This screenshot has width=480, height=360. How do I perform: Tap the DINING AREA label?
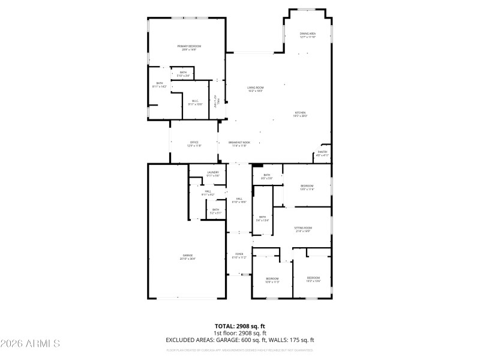pyautogui.click(x=308, y=35)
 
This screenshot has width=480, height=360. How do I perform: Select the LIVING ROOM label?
pyautogui.click(x=256, y=89)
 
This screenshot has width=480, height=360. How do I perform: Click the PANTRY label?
pyautogui.click(x=322, y=154)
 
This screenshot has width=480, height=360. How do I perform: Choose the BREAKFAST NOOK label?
pyautogui.click(x=239, y=144)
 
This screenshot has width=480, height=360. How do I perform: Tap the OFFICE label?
pyautogui.click(x=194, y=144)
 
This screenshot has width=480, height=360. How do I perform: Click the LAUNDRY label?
pyautogui.click(x=213, y=174)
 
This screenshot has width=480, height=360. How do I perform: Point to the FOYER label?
pyautogui.click(x=239, y=256)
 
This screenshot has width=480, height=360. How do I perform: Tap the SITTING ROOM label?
pyautogui.click(x=303, y=229)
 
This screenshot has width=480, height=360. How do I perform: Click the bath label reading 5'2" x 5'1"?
pyautogui.click(x=215, y=211)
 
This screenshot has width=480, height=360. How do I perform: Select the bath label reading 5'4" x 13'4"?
pyautogui.click(x=262, y=219)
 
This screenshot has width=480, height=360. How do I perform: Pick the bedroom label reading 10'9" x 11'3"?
pyautogui.click(x=272, y=280)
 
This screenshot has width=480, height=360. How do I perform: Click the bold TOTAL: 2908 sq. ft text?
pyautogui.click(x=240, y=326)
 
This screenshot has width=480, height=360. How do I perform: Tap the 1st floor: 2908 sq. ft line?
pyautogui.click(x=240, y=333)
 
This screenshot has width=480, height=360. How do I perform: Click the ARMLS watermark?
pyautogui.click(x=30, y=344)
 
